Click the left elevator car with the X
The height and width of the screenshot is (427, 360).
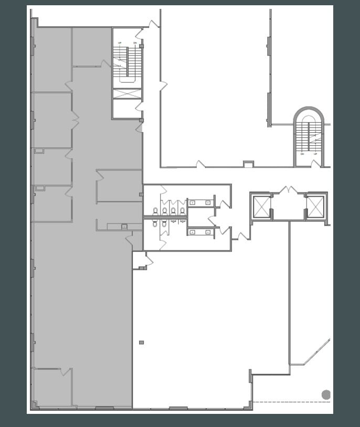tap(261, 206)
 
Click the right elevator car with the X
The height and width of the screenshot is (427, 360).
tap(315, 206)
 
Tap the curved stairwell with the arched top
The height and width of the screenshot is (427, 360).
tap(309, 137)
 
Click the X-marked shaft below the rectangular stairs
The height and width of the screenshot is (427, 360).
tap(128, 94)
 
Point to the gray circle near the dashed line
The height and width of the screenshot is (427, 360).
tap(326, 394)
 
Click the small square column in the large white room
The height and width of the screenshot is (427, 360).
tap(141, 343)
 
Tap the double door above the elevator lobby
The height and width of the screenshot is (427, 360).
tap(288, 189)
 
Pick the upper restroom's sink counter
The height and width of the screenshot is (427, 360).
tap(200, 202)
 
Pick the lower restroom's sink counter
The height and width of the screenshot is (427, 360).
tap(200, 231)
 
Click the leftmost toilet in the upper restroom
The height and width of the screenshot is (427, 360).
tap(156, 211)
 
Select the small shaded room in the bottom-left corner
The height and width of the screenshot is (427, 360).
tap(51, 388)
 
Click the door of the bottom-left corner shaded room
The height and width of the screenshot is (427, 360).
tap(65, 372)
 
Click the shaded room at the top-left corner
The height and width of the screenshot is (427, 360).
tap(51, 59)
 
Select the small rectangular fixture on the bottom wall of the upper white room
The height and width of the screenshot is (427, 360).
tap(248, 164)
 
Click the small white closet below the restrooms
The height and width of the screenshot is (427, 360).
tap(139, 260)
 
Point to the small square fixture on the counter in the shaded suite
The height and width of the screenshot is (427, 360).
tap(124, 227)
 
